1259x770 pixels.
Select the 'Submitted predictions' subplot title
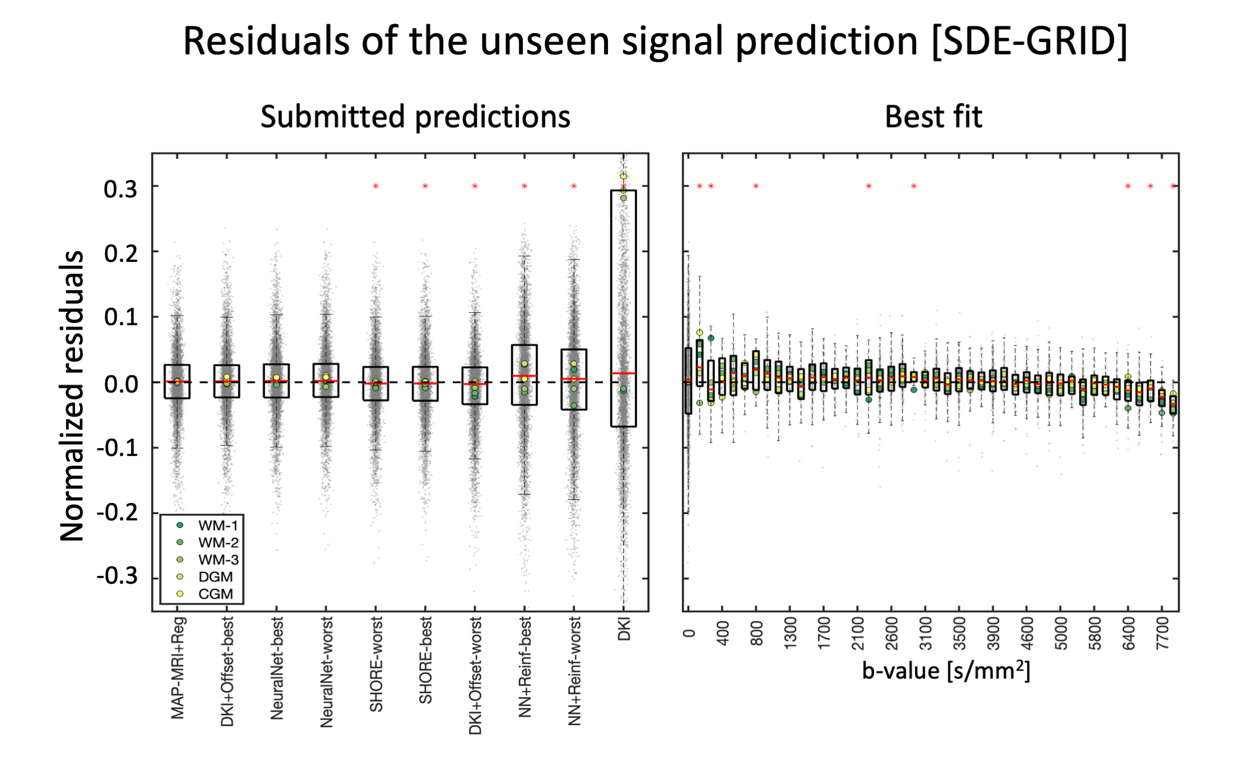tap(415, 117)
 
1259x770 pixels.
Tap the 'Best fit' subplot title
tap(933, 117)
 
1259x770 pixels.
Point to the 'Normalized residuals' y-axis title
tap(72, 395)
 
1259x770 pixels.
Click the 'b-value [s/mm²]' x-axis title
tap(946, 669)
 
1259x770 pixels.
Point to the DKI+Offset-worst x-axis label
tap(475, 675)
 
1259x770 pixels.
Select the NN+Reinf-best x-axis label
tap(525, 666)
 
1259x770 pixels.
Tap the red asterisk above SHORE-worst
tap(376, 186)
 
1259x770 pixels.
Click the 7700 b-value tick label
tap(1163, 633)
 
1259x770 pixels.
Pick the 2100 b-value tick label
tap(858, 633)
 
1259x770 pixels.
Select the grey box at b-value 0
tap(688, 381)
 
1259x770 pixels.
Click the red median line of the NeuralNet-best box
tap(277, 381)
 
